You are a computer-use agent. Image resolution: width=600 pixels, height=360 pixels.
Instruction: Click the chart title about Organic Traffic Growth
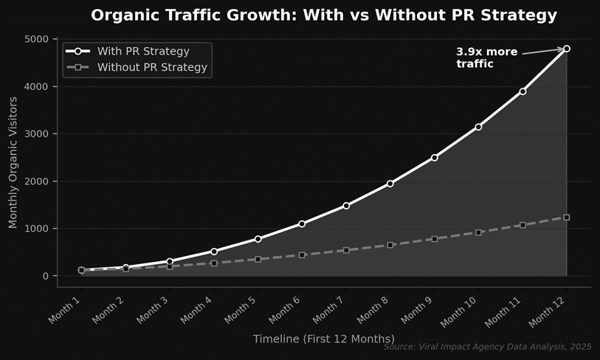click(323, 15)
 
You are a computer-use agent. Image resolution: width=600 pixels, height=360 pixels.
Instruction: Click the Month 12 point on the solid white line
click(567, 49)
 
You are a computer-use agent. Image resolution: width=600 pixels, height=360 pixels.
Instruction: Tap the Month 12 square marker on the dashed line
click(567, 218)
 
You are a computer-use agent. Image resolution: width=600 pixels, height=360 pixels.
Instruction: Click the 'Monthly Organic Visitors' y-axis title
click(13, 157)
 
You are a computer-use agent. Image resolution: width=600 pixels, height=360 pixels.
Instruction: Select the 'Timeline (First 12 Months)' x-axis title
click(323, 339)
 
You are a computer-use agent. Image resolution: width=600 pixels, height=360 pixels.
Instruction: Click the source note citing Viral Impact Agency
click(487, 347)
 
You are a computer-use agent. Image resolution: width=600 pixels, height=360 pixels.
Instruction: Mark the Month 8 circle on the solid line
click(390, 184)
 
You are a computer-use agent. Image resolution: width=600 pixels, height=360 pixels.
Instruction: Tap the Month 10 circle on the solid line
click(478, 127)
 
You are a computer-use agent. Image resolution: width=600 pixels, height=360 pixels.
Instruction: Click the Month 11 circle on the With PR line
click(523, 91)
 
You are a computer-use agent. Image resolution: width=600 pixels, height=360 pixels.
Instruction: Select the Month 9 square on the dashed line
click(435, 239)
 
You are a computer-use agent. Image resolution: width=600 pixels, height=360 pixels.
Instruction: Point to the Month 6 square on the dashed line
click(302, 255)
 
